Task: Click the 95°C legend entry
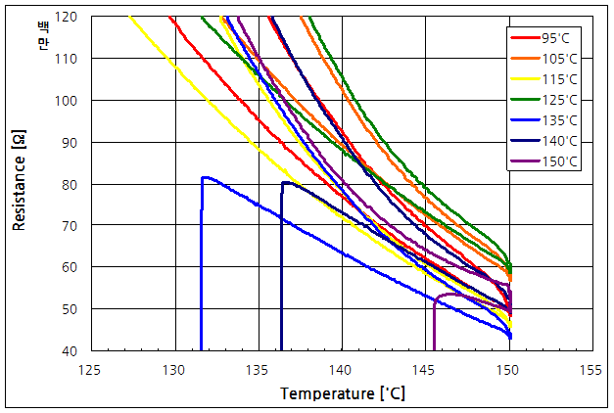[x=544, y=38]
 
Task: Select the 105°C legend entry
[x=544, y=59]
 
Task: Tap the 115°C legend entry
[x=544, y=79]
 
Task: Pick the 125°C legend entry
[x=544, y=100]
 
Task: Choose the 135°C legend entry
[x=544, y=120]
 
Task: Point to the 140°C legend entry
[x=544, y=141]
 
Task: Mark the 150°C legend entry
[x=544, y=161]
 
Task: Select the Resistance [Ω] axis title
[x=20, y=184]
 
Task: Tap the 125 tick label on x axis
[x=91, y=371]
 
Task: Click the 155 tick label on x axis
[x=590, y=371]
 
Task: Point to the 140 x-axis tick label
[x=341, y=371]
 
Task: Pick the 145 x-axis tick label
[x=424, y=371]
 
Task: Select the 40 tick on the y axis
[x=73, y=350]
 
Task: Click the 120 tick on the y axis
[x=71, y=18]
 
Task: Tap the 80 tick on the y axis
[x=73, y=184]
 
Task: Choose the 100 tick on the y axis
[x=71, y=101]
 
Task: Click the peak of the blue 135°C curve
[x=205, y=177]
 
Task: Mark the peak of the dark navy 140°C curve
[x=285, y=182]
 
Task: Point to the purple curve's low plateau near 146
[x=450, y=294]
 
